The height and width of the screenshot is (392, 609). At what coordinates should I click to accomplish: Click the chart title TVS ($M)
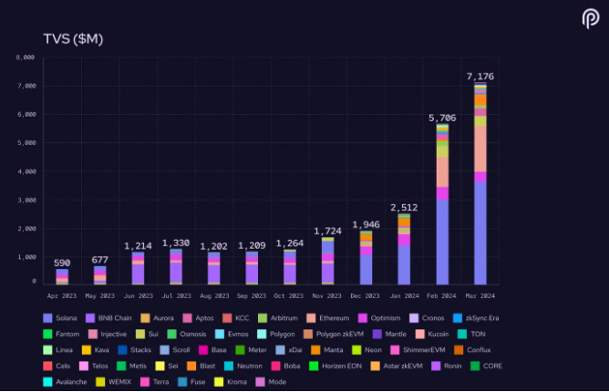74,37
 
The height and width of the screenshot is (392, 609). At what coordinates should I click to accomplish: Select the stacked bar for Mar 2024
480,182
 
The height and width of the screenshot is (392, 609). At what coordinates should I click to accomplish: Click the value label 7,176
480,77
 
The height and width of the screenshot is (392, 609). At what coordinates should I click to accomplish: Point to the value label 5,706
442,119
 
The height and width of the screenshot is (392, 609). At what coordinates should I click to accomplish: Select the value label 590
61,263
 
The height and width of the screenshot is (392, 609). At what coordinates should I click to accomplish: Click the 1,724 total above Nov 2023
327,232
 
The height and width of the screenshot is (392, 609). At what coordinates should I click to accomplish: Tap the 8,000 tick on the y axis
26,57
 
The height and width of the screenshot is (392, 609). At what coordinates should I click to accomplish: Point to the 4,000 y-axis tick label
26,171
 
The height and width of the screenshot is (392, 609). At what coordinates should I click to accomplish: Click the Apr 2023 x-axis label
61,295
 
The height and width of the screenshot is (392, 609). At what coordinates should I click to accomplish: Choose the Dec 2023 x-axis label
366,295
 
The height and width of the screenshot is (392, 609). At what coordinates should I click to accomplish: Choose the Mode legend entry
272,382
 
